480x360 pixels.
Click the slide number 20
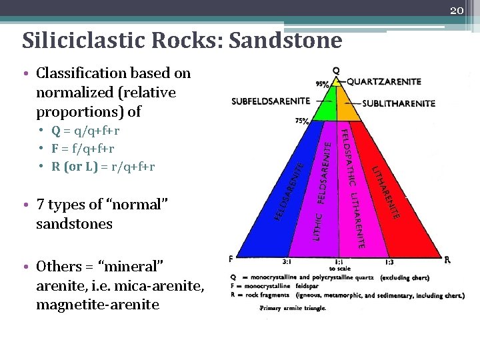pyautogui.click(x=457, y=9)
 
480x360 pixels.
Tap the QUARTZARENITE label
pyautogui.click(x=384, y=81)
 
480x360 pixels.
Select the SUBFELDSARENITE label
pyautogui.click(x=271, y=101)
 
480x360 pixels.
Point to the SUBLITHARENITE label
pyautogui.click(x=399, y=103)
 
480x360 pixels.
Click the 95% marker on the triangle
pyautogui.click(x=322, y=85)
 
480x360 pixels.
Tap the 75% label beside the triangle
pyautogui.click(x=302, y=121)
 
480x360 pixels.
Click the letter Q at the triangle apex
pyautogui.click(x=335, y=70)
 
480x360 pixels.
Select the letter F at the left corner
pyautogui.click(x=231, y=259)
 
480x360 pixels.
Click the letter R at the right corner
pyautogui.click(x=447, y=260)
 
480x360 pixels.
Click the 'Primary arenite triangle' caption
pyautogui.click(x=293, y=308)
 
